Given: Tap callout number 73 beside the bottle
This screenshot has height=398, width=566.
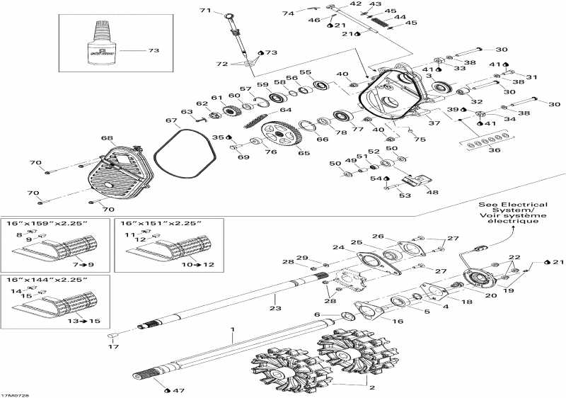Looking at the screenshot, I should click(154, 51).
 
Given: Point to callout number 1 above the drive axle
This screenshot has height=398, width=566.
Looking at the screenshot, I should click(231, 330).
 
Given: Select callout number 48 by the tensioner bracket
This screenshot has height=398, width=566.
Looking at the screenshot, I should click(431, 192).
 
